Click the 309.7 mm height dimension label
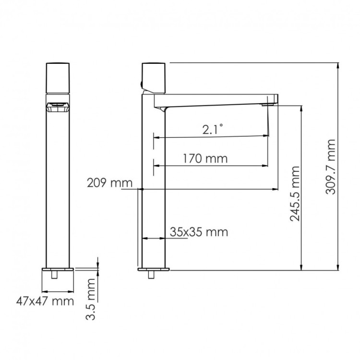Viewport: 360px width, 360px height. coord(331,167)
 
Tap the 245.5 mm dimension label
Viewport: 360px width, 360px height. coord(295,194)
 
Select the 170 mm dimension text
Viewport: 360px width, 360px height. coord(205,158)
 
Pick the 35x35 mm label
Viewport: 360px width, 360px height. coord(199,232)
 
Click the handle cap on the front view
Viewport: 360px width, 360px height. coord(59,77)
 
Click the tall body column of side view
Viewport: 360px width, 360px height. coord(154,192)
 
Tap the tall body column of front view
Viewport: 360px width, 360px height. coord(59,192)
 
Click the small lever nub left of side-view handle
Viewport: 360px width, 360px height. coord(141,84)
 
